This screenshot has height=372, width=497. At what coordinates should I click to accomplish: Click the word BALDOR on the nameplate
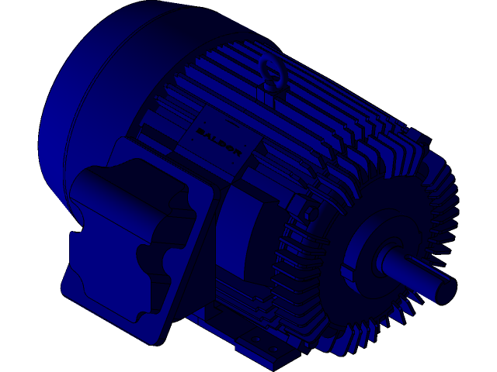tap(219, 144)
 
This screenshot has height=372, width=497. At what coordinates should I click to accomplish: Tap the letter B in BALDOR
tap(200, 133)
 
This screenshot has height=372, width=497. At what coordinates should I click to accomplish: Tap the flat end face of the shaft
tap(447, 291)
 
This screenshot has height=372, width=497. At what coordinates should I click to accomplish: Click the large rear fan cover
tap(93, 93)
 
